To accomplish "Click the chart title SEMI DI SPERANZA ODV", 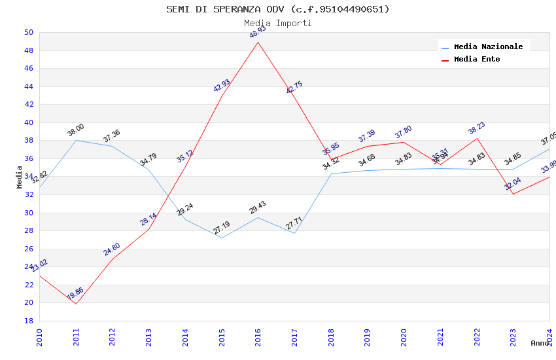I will tap(277, 9).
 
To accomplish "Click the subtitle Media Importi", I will tap(277, 24).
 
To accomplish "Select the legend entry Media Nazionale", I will tap(488, 46).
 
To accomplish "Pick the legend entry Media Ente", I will tap(477, 59).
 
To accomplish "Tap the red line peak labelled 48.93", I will tap(258, 42).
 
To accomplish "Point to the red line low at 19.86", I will tap(76, 304).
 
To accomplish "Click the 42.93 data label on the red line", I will tap(222, 86).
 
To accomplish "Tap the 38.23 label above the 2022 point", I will tap(477, 128).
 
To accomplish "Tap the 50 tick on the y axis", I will tap(28, 32).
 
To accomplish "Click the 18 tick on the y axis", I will tap(28, 321).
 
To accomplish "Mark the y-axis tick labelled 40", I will tap(28, 122).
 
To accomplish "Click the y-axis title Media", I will tap(20, 177).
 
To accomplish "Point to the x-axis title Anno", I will tap(539, 343).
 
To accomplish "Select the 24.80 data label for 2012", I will tap(112, 249).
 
